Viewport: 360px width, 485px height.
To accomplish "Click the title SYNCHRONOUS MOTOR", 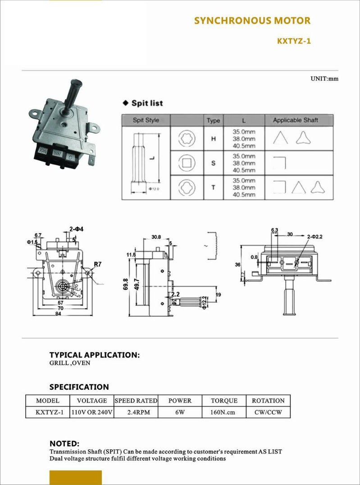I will (252, 21).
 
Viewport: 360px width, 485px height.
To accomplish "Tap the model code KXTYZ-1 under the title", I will (294, 41).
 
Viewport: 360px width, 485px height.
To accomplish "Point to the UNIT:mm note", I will (324, 78).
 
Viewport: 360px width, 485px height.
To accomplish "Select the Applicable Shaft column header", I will (295, 120).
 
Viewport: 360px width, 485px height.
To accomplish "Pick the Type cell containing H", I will (213, 139).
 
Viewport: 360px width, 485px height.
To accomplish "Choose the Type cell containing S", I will (213, 163).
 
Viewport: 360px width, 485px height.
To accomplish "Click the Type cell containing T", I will (213, 187).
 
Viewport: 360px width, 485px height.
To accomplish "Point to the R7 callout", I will (98, 264).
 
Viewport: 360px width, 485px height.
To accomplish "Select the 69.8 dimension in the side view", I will (126, 284).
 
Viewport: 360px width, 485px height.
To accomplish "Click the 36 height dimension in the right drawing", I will (237, 265).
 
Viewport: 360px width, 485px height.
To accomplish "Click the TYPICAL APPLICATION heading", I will (94, 355).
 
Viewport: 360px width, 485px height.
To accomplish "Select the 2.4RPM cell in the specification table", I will (136, 412).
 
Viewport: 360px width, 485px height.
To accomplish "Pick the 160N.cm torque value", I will (223, 412).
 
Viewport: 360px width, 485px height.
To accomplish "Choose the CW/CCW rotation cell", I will (268, 412).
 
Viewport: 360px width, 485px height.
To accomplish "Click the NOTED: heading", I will (64, 444).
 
